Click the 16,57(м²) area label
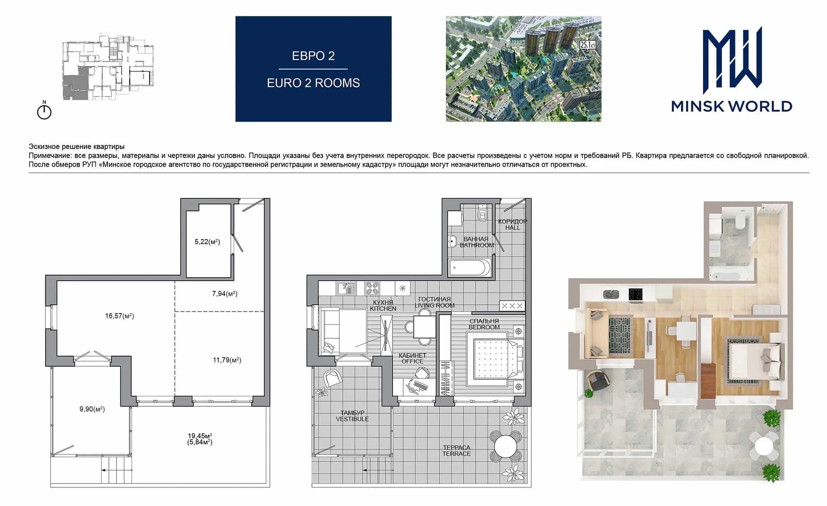119,316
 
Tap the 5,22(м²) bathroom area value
207,242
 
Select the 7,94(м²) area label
225,293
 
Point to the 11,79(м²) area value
227,360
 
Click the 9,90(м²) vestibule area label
92,409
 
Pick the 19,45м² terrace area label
200,436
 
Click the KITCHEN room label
383,309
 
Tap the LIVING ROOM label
435,305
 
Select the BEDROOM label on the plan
484,327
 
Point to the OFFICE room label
412,361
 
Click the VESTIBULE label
352,419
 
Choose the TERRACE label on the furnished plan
457,454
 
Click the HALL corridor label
513,228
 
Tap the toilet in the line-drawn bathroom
482,213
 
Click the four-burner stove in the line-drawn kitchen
372,288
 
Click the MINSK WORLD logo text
732,106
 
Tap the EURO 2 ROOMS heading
313,83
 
